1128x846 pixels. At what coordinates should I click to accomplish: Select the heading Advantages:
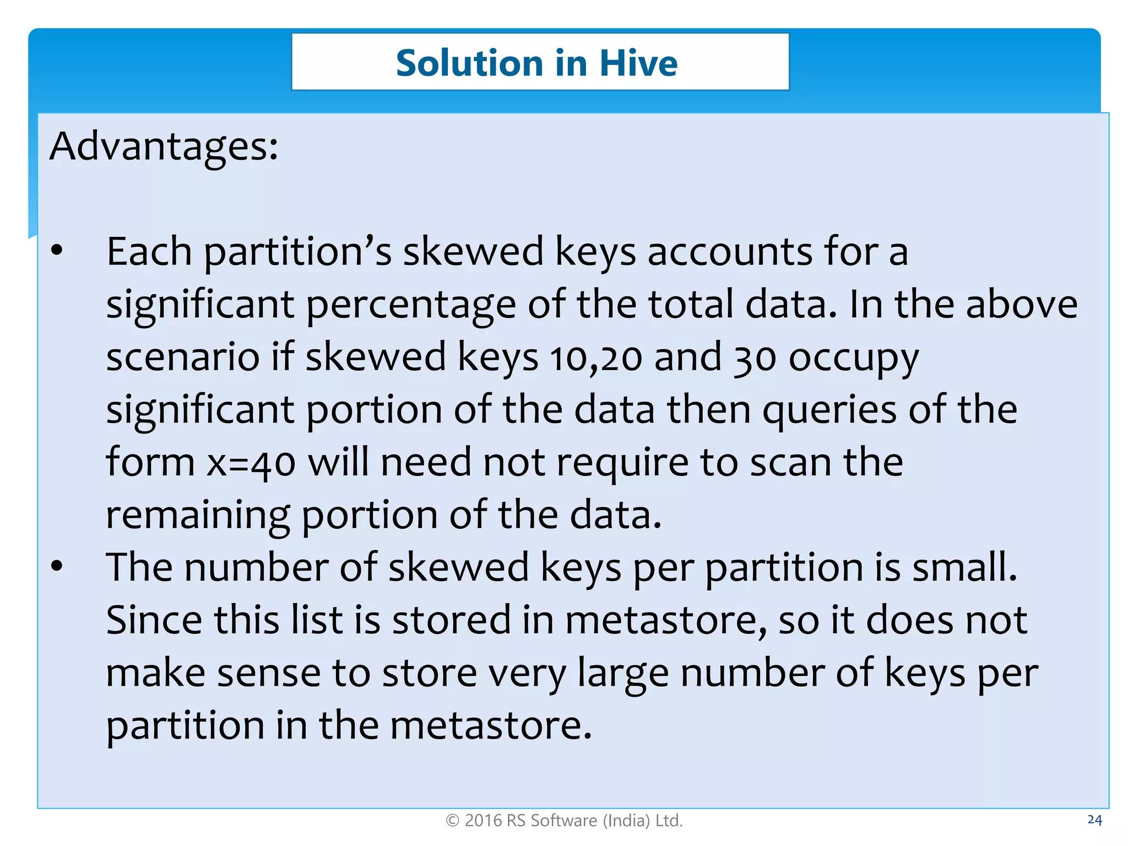[164, 147]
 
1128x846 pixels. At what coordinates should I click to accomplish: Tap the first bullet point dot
[57, 251]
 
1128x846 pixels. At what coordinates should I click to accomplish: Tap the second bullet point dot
[57, 566]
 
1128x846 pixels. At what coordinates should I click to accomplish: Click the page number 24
[1094, 820]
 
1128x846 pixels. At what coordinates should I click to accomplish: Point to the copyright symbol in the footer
[452, 821]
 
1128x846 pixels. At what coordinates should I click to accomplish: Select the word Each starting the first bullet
[149, 252]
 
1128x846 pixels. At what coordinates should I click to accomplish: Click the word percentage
[410, 305]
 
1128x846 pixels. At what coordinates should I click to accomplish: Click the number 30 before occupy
[755, 357]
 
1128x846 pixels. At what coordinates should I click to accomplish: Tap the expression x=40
[251, 463]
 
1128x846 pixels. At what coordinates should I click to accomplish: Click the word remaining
[198, 516]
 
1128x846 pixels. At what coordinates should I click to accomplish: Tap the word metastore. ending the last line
[491, 725]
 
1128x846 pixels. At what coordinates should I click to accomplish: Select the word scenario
[182, 357]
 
